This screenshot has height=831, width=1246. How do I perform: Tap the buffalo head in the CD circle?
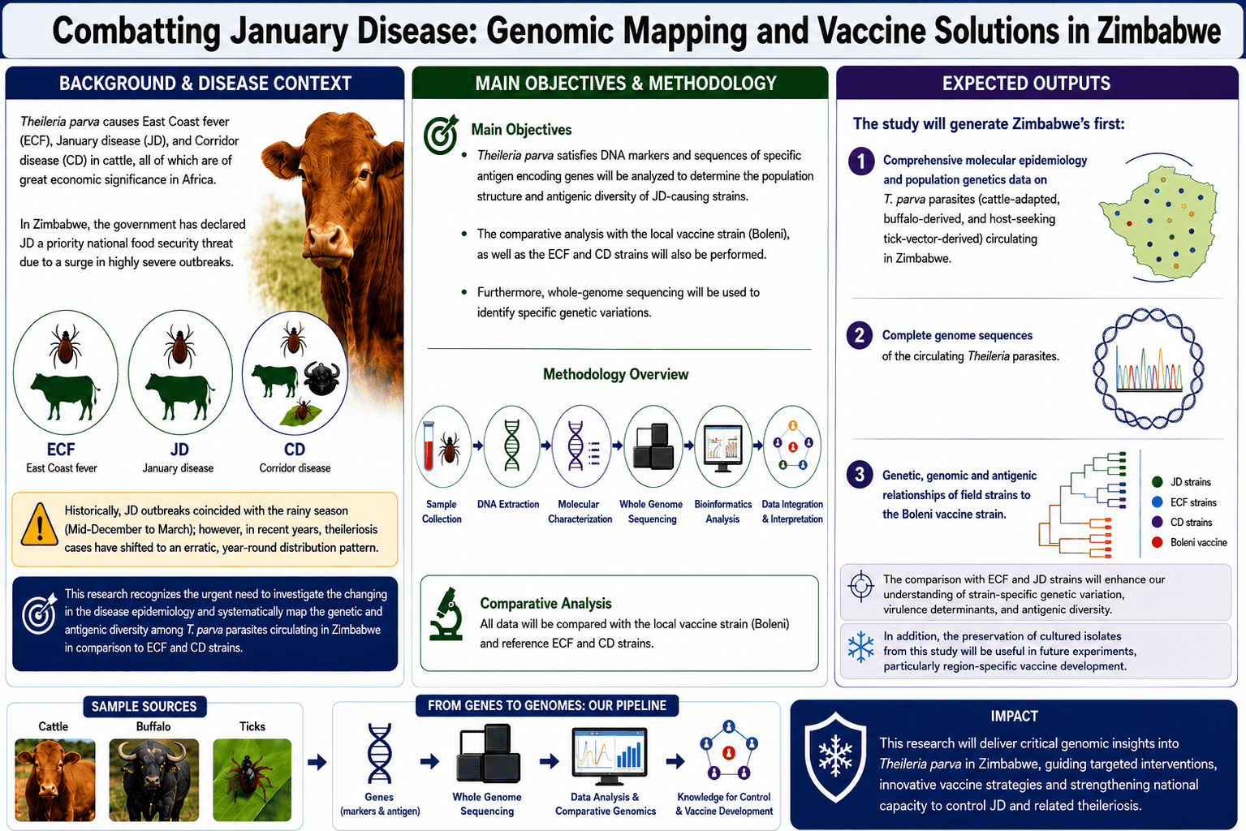point(322,378)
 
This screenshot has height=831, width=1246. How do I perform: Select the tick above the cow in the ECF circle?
point(66,346)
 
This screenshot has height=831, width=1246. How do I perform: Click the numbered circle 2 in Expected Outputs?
point(860,335)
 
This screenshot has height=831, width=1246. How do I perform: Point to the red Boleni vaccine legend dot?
point(1158,542)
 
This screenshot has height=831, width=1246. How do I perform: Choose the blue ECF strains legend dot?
point(1158,502)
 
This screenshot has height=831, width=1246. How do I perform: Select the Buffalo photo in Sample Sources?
point(153,779)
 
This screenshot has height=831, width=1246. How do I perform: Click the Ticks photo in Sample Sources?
point(252,779)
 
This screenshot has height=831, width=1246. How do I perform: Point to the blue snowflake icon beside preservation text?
point(860,647)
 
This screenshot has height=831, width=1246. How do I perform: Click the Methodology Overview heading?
point(616,374)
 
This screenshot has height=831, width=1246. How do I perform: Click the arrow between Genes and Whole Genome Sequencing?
point(429,761)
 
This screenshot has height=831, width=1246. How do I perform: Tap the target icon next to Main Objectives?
point(441,135)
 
